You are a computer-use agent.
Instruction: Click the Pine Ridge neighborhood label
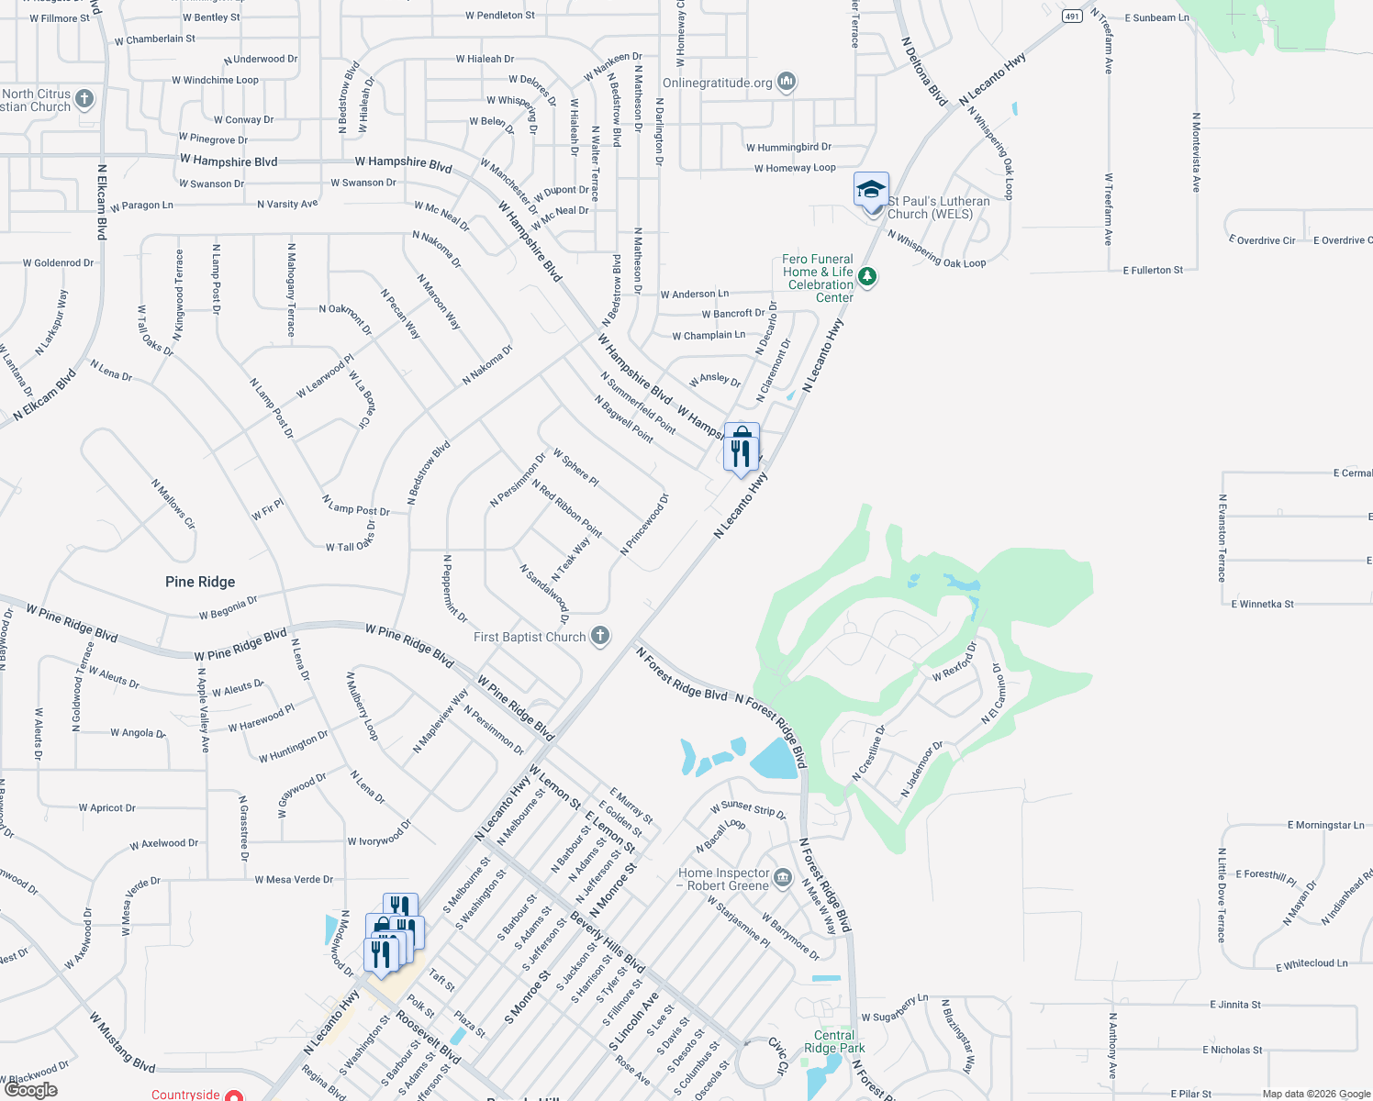[x=200, y=582]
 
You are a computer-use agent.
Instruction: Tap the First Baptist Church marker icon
[x=600, y=636]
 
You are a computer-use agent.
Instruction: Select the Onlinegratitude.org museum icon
[x=787, y=83]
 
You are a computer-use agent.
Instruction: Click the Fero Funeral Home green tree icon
[x=866, y=276]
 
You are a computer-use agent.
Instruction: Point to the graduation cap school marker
[x=871, y=190]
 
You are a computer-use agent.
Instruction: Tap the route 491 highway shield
[x=1072, y=17]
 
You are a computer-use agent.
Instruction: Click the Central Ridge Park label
[x=834, y=1041]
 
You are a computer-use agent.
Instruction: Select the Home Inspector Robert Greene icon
[x=782, y=878]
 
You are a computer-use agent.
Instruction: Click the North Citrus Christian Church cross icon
[x=84, y=99]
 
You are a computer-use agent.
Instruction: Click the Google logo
[x=31, y=1090]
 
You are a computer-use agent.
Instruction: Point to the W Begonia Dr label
[x=229, y=608]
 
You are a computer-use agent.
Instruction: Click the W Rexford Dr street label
[x=954, y=662]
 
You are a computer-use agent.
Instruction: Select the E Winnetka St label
[x=1263, y=604]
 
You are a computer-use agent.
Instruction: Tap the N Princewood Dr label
[x=645, y=525]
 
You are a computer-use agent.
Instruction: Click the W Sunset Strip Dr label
[x=748, y=809]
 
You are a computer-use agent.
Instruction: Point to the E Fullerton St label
[x=1153, y=271]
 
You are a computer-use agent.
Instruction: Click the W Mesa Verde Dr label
[x=294, y=880]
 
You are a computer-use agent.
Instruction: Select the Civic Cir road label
[x=777, y=1057]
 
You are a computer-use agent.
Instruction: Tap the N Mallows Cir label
[x=173, y=505]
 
